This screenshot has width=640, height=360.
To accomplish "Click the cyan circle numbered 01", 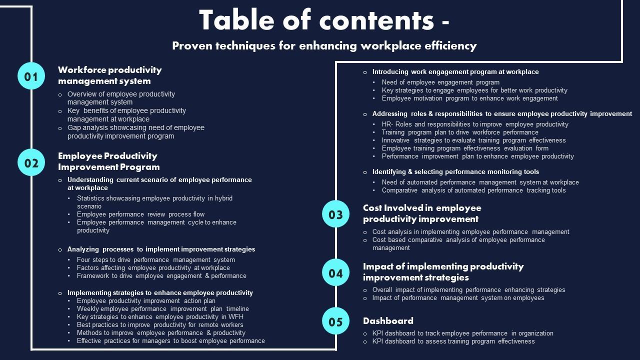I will coord(31,76).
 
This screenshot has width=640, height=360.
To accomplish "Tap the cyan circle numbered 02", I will coord(31,162).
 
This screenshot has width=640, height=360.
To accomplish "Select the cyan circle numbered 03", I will coord(335,214).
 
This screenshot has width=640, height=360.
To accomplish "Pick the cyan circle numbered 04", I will coord(335,272).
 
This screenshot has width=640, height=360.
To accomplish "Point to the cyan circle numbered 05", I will coord(335,321).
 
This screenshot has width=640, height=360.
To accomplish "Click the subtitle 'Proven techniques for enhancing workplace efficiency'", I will coord(324,46).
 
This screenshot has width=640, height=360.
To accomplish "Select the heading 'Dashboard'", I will coord(388,321).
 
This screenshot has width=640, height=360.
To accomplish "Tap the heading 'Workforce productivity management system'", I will coord(109,75).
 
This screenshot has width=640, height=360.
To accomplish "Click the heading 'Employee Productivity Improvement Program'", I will coord(108,161).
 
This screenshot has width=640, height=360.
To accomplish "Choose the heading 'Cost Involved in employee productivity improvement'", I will coord(421,213).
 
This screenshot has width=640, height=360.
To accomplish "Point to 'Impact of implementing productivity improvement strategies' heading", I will coord(443,272).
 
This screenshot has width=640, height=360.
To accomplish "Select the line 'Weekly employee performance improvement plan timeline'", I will coord(162,309).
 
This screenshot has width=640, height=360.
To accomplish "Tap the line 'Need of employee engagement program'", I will coord(440,82).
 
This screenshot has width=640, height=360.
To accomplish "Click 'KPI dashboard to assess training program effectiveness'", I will coord(453,341).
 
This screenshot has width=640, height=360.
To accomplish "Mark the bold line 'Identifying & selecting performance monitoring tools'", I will coord(455,172).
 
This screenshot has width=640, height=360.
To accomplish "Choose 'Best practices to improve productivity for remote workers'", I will coord(160,325).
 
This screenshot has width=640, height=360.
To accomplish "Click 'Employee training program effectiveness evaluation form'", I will coord(465,148).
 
